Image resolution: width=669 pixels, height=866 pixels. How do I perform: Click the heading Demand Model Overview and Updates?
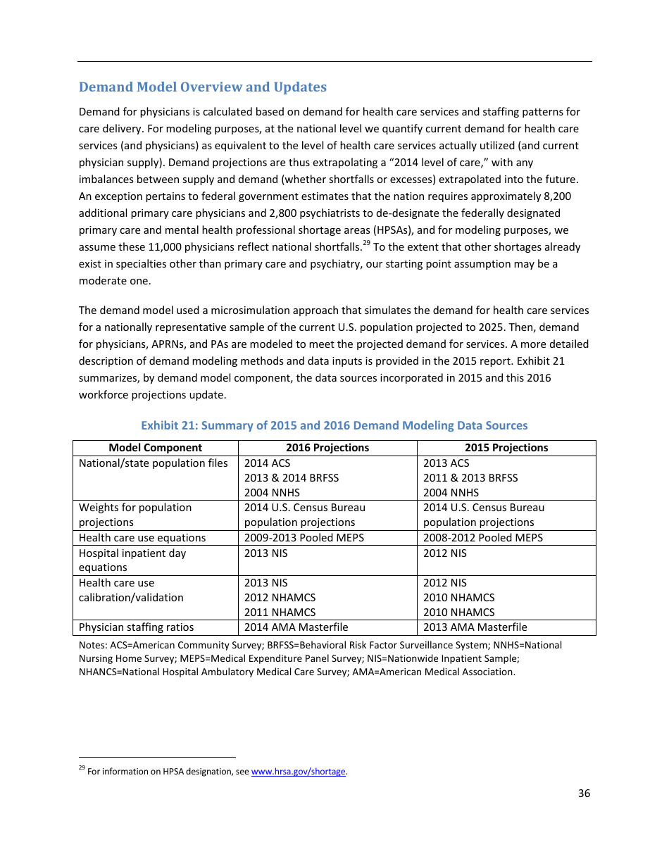[x=202, y=87]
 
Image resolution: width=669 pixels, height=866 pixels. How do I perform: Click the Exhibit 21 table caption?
[x=334, y=425]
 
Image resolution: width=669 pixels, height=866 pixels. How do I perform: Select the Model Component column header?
[x=155, y=448]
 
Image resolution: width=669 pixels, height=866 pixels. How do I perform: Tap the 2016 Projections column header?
[x=327, y=448]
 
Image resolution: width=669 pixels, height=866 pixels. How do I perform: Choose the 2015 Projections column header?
[x=506, y=448]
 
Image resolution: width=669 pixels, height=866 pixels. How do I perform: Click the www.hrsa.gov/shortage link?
[x=298, y=772]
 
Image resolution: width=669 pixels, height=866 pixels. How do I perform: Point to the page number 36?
[x=584, y=793]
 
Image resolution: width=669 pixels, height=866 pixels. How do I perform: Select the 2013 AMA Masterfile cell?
[x=475, y=627]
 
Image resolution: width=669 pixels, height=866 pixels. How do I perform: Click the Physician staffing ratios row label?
[x=136, y=627]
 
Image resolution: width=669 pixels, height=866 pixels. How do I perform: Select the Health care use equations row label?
[x=142, y=538]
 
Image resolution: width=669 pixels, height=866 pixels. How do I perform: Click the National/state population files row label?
[x=153, y=463]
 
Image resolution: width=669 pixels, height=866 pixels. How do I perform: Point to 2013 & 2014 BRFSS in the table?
[x=291, y=478]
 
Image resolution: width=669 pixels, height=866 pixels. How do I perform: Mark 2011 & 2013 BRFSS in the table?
[x=470, y=478]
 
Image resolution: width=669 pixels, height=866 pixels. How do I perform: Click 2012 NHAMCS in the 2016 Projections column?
[x=280, y=598]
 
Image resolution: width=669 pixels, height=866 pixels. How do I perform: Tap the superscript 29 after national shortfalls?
[x=366, y=244]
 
